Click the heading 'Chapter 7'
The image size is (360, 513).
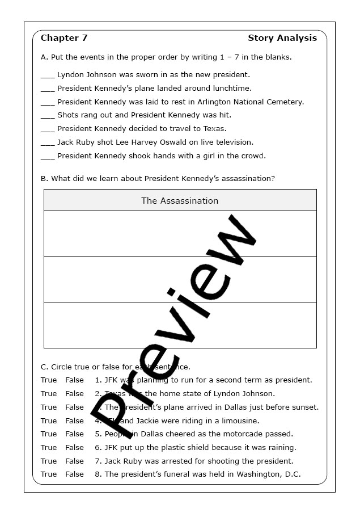[64, 38]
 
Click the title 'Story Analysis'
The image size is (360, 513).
[282, 38]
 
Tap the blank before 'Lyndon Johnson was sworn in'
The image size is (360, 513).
[48, 75]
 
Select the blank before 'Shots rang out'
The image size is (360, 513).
[48, 116]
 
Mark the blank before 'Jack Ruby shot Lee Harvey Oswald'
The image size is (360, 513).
[48, 143]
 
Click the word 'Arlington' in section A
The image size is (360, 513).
[215, 102]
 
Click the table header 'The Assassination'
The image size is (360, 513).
[180, 201]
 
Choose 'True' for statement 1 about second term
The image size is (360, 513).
[49, 380]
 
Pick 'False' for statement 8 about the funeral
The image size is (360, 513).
[74, 474]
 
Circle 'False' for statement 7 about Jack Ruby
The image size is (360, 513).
[74, 461]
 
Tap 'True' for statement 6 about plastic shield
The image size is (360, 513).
[49, 448]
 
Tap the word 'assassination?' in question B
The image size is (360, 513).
[247, 178]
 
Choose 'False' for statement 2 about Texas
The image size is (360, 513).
[74, 394]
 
